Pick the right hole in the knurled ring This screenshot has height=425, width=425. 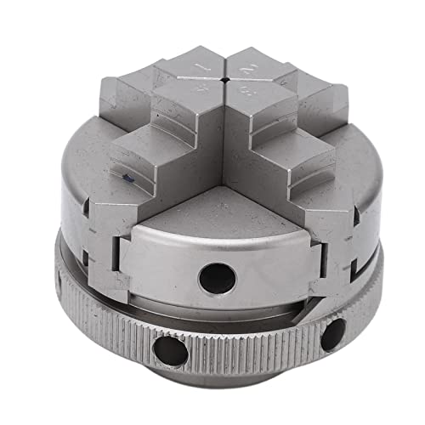(x=332, y=335)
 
